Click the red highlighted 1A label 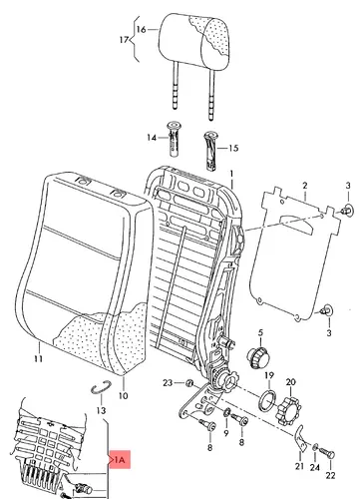[x=120, y=460]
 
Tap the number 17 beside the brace [x=124, y=40]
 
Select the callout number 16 [x=141, y=30]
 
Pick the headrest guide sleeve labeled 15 [x=211, y=151]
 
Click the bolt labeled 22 [x=327, y=454]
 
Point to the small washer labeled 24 [x=315, y=448]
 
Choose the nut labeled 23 [x=189, y=383]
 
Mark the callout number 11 [x=38, y=359]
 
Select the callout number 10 [x=123, y=396]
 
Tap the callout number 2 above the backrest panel [x=305, y=186]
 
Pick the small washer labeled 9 [x=227, y=412]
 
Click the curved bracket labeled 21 [x=301, y=438]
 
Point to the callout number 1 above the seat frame [x=231, y=174]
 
